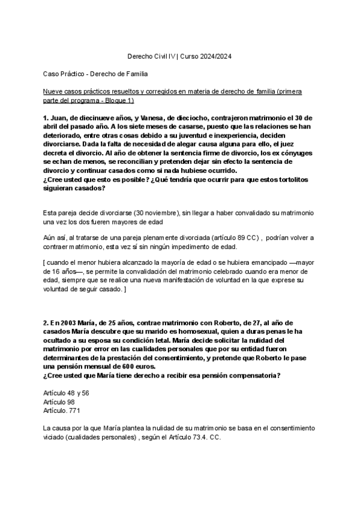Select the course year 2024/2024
point(212,56)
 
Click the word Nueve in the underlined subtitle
point(53,91)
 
